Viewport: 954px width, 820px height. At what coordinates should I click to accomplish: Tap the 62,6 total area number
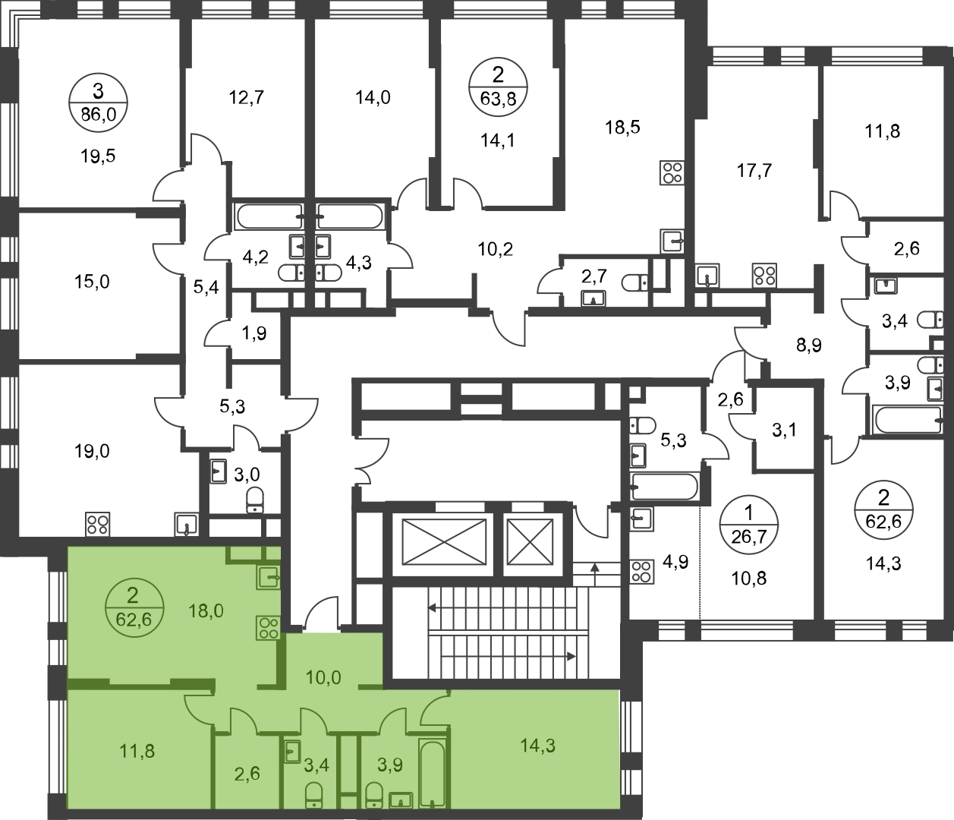click(134, 619)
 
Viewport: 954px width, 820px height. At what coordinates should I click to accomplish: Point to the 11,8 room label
click(137, 752)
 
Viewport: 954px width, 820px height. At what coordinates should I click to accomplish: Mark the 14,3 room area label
click(537, 746)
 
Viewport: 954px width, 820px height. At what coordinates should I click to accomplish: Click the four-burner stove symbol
click(267, 627)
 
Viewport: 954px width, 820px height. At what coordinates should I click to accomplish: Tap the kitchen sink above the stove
click(267, 579)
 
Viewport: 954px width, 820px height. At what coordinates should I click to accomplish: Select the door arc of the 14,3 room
click(435, 708)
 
